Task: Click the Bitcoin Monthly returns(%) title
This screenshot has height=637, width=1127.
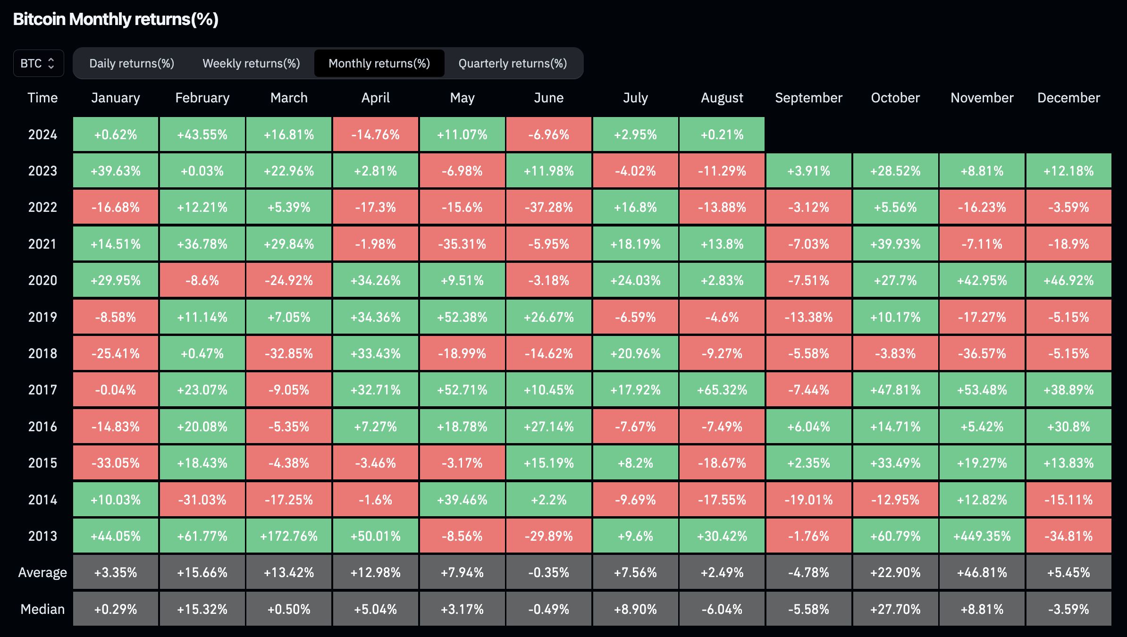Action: pyautogui.click(x=116, y=19)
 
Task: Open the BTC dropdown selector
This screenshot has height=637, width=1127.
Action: pyautogui.click(x=38, y=63)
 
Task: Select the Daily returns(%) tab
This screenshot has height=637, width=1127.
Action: pyautogui.click(x=132, y=63)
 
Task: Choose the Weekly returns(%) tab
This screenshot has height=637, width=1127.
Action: pyautogui.click(x=251, y=63)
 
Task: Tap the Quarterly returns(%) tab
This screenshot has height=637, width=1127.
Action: pyautogui.click(x=513, y=63)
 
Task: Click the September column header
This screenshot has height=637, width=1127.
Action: pyautogui.click(x=808, y=98)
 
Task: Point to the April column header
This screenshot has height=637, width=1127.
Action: pyautogui.click(x=375, y=98)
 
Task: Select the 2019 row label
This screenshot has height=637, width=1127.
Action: pyautogui.click(x=42, y=317)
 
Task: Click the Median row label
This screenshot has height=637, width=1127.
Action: pyautogui.click(x=42, y=609)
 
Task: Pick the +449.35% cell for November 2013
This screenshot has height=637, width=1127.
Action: pyautogui.click(x=982, y=536)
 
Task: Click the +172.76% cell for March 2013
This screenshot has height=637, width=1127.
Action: pyautogui.click(x=289, y=536)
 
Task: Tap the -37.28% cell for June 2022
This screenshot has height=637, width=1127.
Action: pyautogui.click(x=548, y=207)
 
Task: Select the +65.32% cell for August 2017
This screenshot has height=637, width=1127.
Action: pyautogui.click(x=722, y=390)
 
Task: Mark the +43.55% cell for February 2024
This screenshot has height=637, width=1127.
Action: pyautogui.click(x=202, y=134)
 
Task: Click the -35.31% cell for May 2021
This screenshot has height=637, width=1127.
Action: pyautogui.click(x=462, y=244)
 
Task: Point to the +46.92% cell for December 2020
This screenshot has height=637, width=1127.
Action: pyautogui.click(x=1068, y=280)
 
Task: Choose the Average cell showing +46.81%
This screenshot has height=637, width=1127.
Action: pyautogui.click(x=982, y=572)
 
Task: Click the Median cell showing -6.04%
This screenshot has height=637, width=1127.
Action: pyautogui.click(x=722, y=609)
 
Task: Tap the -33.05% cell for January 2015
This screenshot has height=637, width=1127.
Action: pyautogui.click(x=116, y=463)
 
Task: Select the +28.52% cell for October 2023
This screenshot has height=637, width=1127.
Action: pyautogui.click(x=895, y=171)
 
